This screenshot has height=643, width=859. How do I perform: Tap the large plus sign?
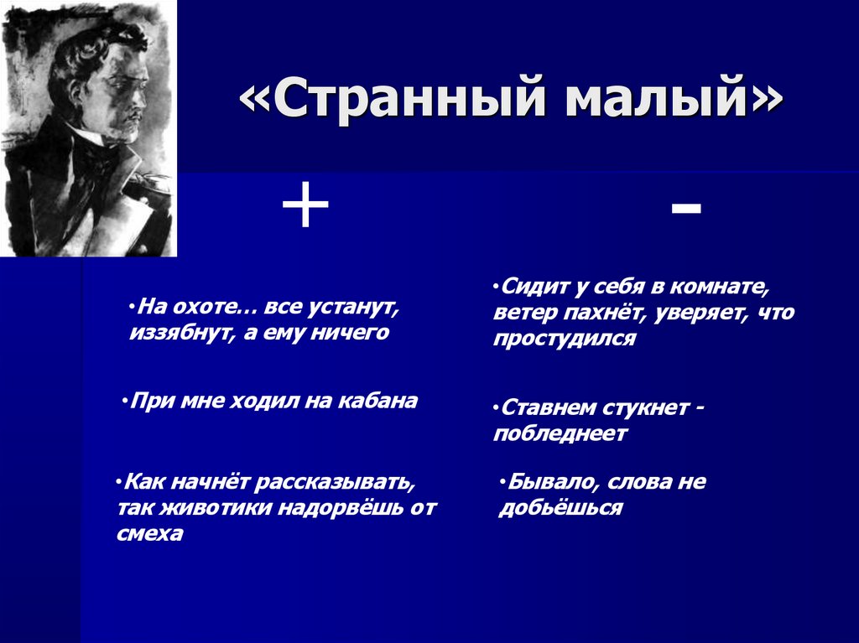coord(305,208)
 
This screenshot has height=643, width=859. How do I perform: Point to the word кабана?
coord(377,401)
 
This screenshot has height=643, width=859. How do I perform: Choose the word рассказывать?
coord(336,483)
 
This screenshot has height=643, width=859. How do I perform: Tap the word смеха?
coord(150,533)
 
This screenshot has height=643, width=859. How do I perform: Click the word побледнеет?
coord(560,433)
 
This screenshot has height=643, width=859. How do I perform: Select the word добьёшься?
coord(560,508)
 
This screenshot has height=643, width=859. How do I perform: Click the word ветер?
coord(523,313)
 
